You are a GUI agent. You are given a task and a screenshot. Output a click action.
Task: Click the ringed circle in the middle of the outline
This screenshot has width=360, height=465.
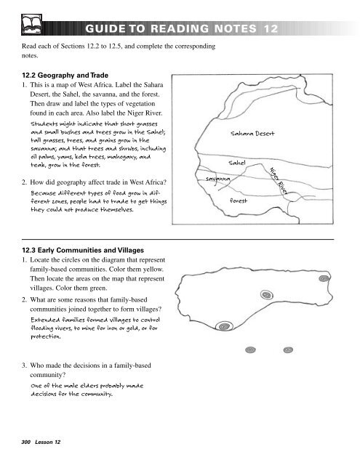pos(267,295)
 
